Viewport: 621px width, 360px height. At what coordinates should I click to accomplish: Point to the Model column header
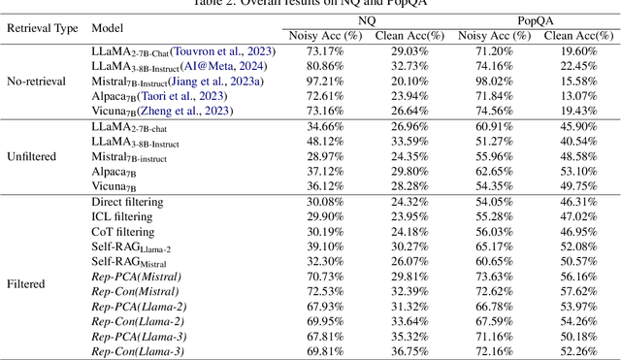[108, 28]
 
